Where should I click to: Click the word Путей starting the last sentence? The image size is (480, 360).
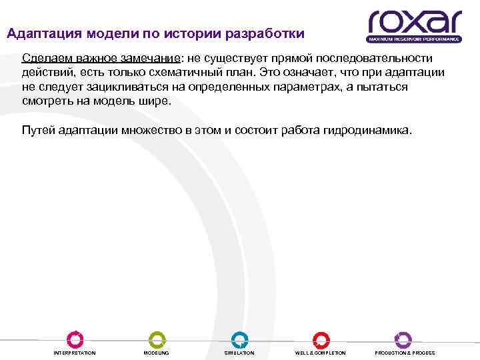39,131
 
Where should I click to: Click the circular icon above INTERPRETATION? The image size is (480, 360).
75,339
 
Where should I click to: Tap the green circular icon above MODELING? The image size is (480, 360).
157,339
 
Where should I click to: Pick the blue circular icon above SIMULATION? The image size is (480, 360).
239,339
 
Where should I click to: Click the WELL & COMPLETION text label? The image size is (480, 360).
321,353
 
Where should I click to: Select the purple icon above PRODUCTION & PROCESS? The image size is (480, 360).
403,339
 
